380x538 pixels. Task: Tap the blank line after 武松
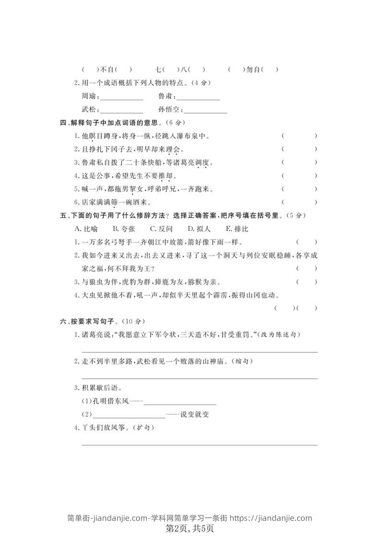(x=122, y=112)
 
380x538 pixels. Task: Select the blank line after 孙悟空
(x=206, y=112)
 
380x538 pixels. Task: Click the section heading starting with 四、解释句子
(x=123, y=123)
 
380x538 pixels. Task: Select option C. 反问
(x=161, y=229)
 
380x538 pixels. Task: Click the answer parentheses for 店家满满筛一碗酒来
(x=299, y=202)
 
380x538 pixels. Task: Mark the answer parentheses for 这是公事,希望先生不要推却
(x=299, y=175)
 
